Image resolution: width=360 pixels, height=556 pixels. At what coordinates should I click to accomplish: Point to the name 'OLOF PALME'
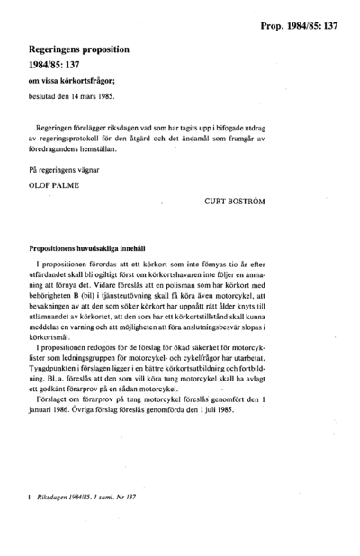55,187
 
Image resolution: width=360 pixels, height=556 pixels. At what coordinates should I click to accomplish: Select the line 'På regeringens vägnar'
65,170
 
